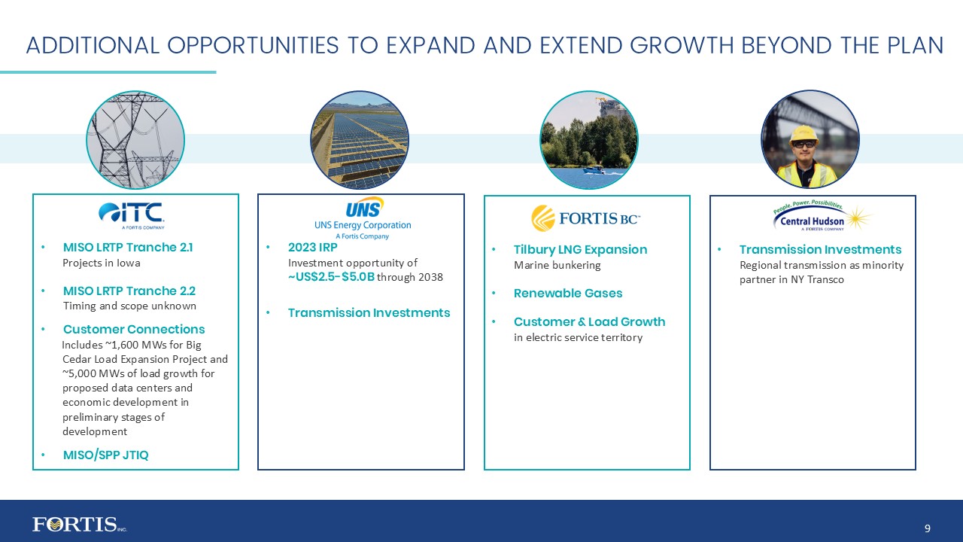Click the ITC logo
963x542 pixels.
132,215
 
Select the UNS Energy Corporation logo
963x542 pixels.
363,218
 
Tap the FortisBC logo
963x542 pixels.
586,218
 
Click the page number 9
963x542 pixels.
927,528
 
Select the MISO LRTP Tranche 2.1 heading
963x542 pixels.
128,248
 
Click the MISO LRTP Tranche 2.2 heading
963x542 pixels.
129,291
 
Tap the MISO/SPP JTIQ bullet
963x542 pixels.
105,455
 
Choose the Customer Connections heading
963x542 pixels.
134,329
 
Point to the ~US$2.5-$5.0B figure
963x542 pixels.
331,277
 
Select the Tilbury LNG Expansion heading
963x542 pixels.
580,249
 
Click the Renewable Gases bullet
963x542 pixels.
568,293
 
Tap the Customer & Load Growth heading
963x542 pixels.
589,321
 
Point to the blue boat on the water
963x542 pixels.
594,170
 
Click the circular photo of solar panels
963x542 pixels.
360,140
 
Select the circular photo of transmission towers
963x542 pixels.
135,140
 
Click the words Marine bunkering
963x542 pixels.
557,265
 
